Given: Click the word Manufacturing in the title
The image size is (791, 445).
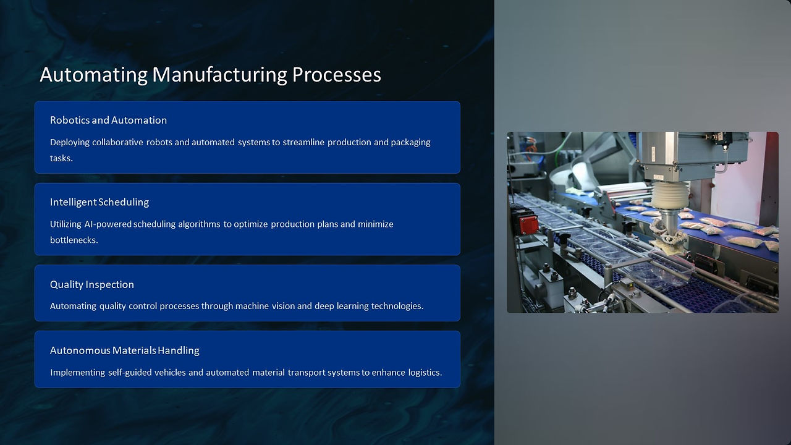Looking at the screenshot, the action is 219,75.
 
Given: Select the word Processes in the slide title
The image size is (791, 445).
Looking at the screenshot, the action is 337,75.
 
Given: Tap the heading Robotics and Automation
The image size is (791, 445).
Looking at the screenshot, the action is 108,120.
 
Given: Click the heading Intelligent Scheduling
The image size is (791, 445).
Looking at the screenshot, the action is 99,202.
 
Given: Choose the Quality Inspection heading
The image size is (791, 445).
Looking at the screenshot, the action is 92,284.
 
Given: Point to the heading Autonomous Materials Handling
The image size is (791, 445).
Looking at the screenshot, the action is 125,350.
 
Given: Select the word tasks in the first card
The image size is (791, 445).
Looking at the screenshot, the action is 61,158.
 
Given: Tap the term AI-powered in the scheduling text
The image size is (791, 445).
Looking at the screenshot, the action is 108,224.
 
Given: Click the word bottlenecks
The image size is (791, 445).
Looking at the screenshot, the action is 74,240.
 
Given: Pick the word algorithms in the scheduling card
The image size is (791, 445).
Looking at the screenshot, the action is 199,224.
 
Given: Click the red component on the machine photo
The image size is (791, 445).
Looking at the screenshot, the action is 528,224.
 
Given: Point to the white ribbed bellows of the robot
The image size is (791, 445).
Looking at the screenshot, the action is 670,195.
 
